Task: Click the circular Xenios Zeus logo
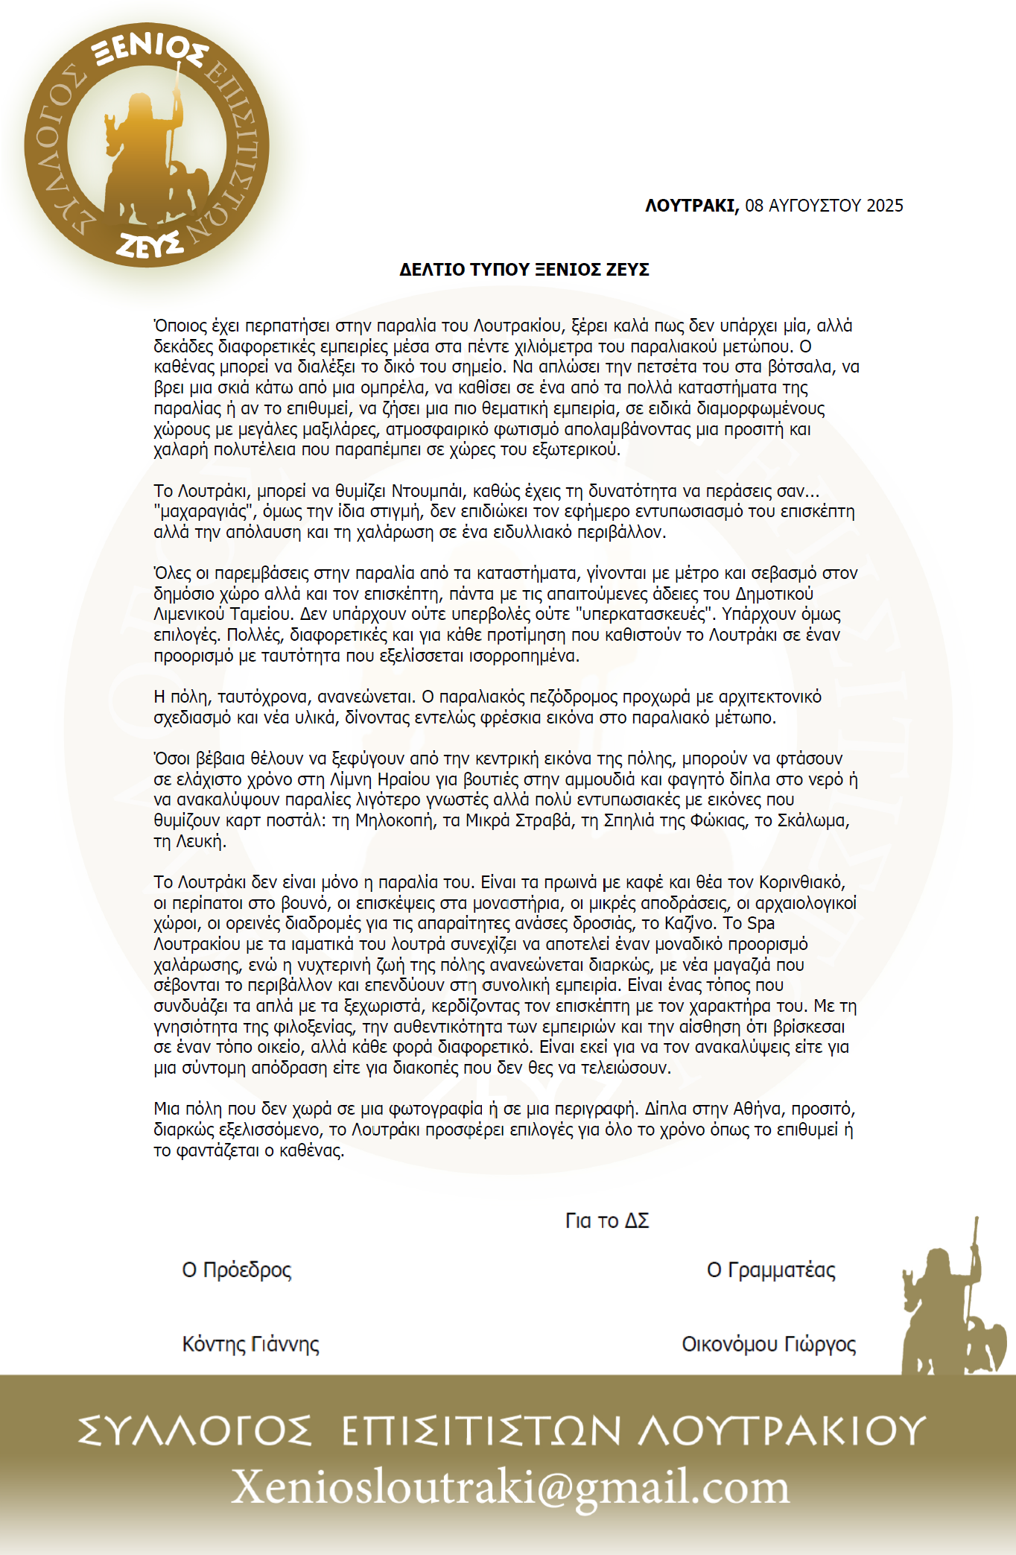[146, 145]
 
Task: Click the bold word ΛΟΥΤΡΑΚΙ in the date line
[691, 206]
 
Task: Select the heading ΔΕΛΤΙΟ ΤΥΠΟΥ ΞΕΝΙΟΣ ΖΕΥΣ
[524, 270]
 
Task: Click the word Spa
[761, 924]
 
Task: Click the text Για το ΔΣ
[607, 1220]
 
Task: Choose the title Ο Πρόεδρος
[237, 1270]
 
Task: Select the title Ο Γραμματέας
[771, 1270]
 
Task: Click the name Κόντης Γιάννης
[251, 1344]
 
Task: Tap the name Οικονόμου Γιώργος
[769, 1344]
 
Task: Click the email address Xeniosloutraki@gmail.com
[510, 1487]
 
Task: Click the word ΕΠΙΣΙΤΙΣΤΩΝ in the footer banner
[481, 1431]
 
